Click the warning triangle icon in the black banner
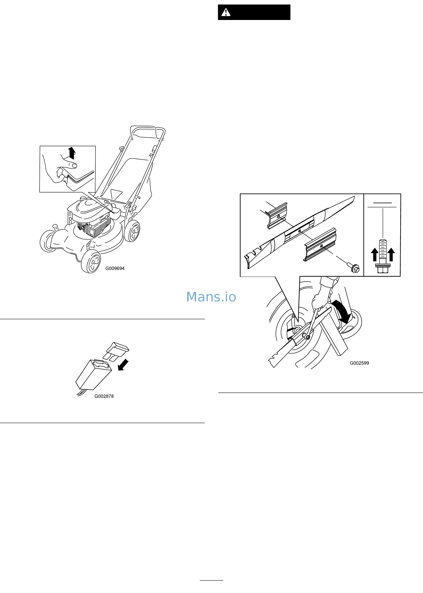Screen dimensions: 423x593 tap(226, 12)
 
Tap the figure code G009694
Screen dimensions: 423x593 tap(115, 268)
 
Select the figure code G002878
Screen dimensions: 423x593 tap(104, 396)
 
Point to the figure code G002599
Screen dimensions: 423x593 tap(359, 363)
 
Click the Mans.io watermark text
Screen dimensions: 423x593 tap(211, 297)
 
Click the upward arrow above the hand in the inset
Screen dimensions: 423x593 tap(72, 153)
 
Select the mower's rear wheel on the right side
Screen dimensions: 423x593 tap(132, 231)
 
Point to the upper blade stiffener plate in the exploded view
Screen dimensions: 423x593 tap(278, 216)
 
